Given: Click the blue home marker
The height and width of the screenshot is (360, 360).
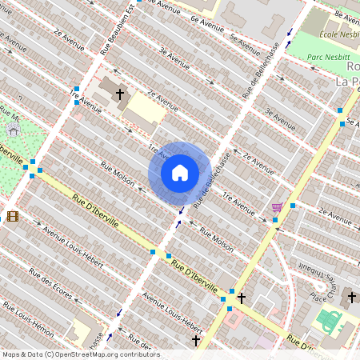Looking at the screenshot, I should tap(180, 173).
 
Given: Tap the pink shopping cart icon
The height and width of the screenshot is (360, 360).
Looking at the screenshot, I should tap(277, 207).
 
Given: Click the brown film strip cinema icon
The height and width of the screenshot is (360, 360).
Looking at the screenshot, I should tap(13, 215).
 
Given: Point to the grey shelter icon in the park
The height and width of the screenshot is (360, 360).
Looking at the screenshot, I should tap(13, 130).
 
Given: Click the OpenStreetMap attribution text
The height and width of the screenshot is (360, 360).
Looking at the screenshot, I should tap(81, 354).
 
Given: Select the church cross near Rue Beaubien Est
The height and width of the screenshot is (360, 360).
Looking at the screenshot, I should tap(120, 94).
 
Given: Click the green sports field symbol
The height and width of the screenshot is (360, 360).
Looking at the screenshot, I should tap(329, 321).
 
